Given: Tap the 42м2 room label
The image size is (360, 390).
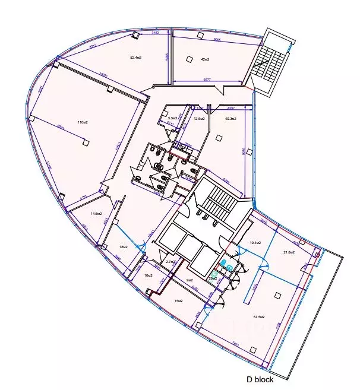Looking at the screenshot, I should (206, 59).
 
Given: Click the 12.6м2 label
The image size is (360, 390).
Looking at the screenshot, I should (200, 119).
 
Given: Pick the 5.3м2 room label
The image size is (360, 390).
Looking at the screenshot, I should (173, 119).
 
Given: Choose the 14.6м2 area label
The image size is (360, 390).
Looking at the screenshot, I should (96, 214).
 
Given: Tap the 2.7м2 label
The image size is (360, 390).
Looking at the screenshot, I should (169, 262).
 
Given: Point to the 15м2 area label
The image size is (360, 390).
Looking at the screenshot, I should (178, 301).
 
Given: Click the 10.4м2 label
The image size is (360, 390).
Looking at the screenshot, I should (257, 243).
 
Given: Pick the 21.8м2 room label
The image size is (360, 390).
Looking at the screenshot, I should (289, 252).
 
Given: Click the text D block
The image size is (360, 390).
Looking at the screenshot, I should (261, 379).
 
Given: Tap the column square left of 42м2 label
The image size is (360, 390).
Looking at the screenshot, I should (190, 59).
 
